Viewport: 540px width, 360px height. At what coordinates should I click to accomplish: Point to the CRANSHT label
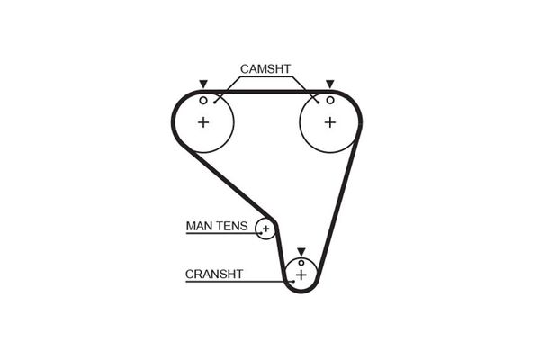click(213, 274)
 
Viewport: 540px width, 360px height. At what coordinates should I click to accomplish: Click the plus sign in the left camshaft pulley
click(203, 121)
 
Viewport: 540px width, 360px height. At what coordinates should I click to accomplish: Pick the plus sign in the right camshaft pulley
click(329, 121)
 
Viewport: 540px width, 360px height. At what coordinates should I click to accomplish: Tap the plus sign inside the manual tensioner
click(265, 229)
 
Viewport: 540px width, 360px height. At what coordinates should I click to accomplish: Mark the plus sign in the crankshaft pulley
click(301, 274)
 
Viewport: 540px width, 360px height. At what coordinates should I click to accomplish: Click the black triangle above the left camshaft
click(203, 83)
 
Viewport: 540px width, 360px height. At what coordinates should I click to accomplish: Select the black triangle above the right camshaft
click(329, 83)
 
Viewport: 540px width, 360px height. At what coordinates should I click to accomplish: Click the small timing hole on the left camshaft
click(203, 99)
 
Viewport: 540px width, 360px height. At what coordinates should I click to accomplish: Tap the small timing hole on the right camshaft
click(329, 99)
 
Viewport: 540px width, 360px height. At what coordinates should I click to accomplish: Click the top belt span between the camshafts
click(266, 90)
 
